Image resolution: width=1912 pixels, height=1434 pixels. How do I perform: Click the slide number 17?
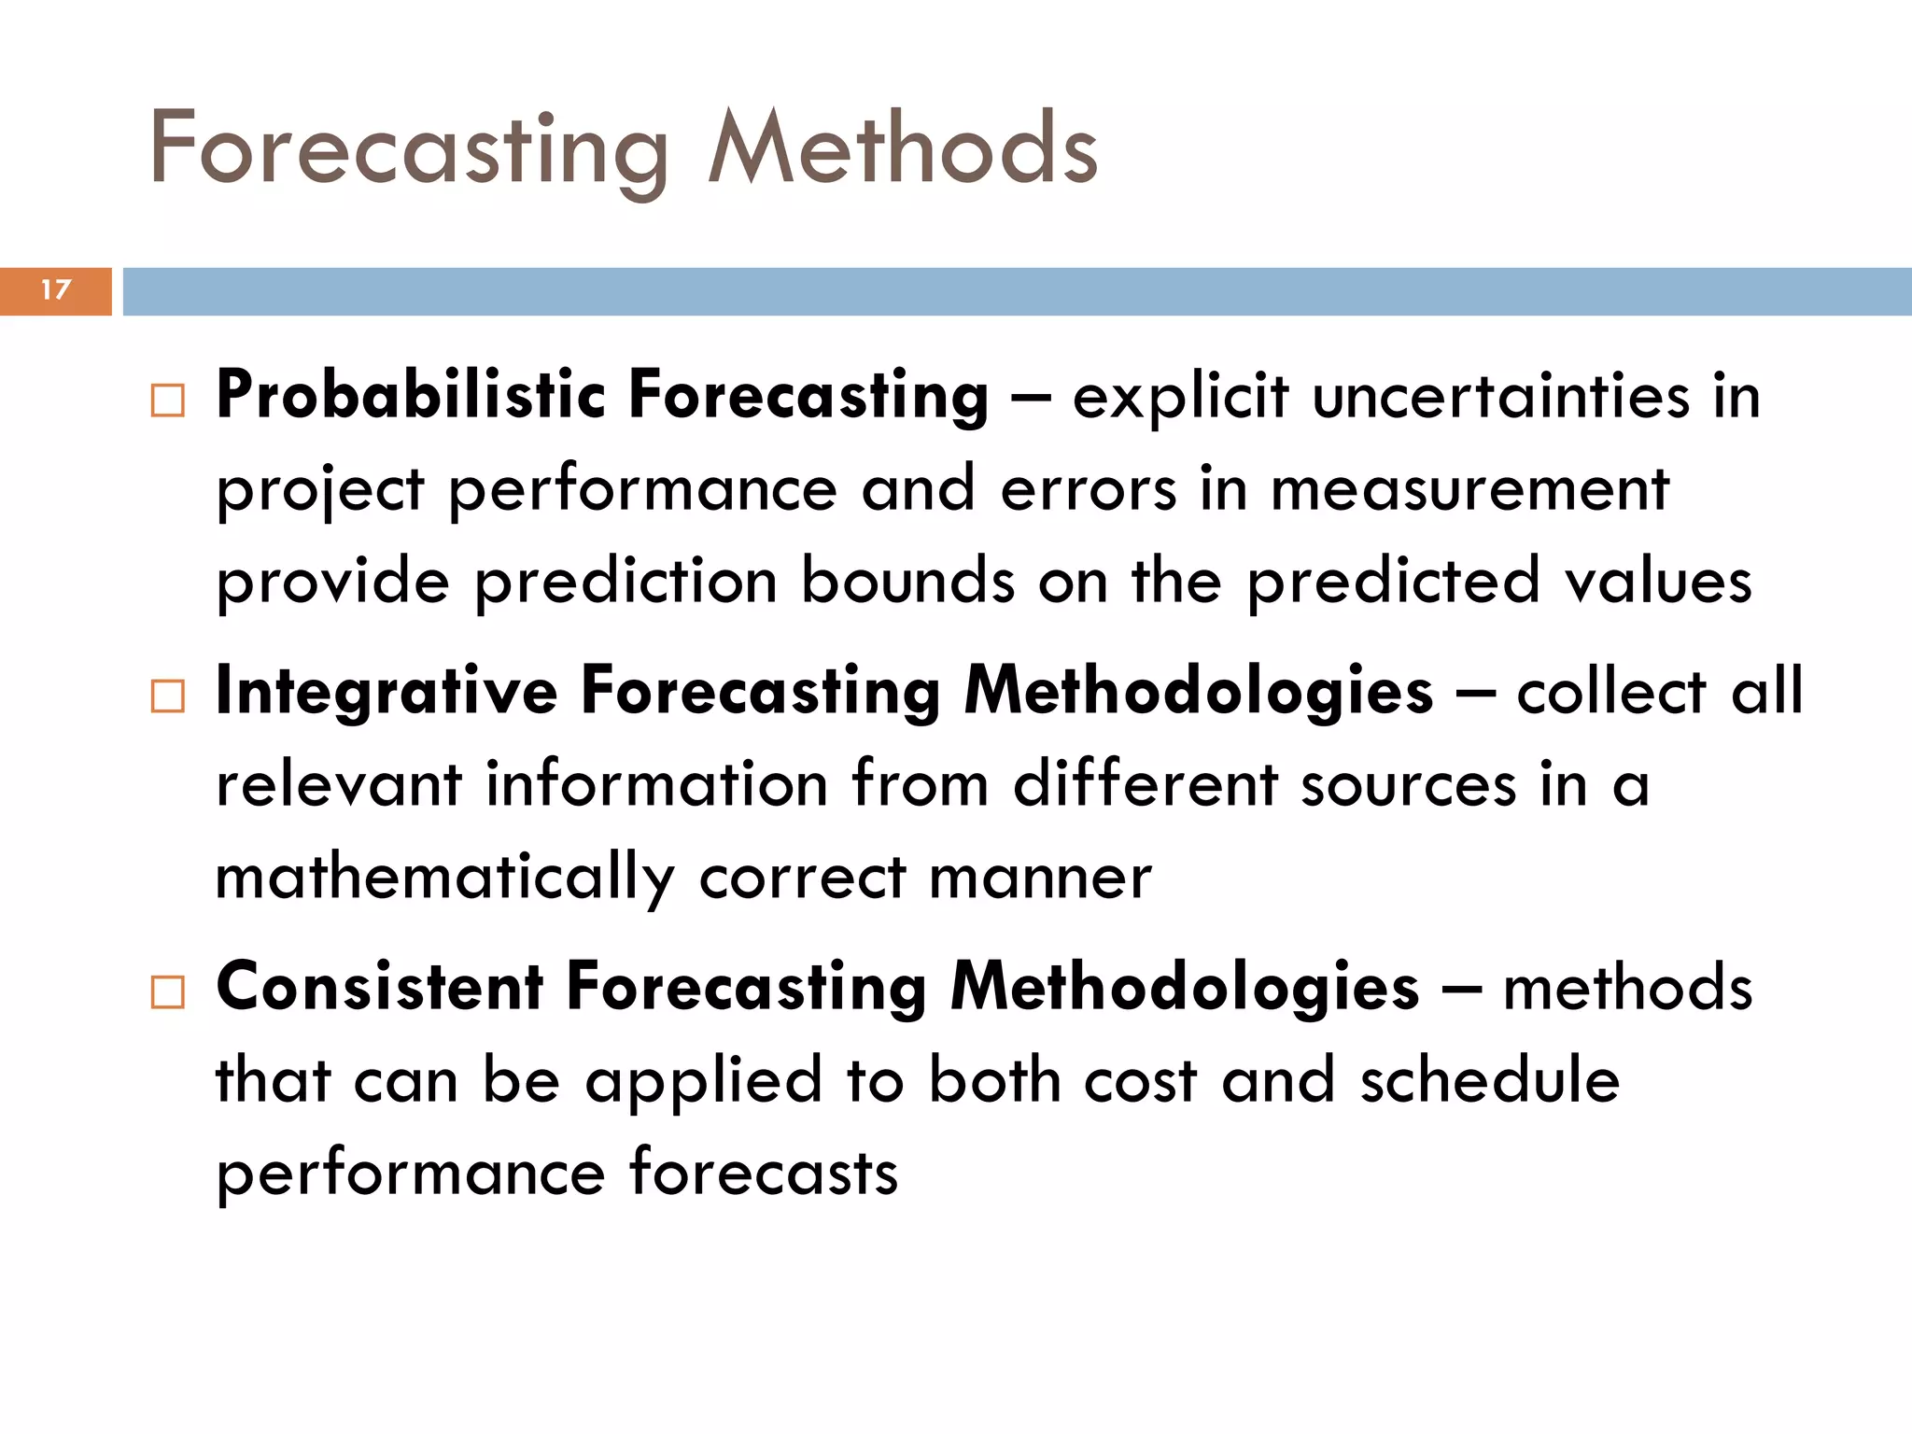[x=56, y=290]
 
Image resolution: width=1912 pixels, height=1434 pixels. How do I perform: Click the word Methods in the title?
[x=903, y=149]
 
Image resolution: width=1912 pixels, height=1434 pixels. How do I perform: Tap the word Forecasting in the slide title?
[x=409, y=149]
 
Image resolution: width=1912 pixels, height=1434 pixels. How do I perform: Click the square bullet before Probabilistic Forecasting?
[x=168, y=401]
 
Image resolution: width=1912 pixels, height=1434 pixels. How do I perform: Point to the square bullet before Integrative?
[x=168, y=696]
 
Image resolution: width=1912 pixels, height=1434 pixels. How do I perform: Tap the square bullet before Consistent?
[x=168, y=991]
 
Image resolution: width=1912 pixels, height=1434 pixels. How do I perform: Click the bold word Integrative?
[x=387, y=693]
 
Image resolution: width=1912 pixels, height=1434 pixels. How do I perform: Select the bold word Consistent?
[x=380, y=988]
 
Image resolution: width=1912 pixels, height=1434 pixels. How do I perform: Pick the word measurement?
[x=1469, y=489]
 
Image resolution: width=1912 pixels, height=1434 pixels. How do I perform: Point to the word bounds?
[x=907, y=581]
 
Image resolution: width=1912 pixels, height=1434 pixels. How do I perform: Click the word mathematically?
[x=444, y=879]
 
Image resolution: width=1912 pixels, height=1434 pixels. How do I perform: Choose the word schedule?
[x=1489, y=1081]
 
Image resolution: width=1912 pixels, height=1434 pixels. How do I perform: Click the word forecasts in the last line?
[x=763, y=1174]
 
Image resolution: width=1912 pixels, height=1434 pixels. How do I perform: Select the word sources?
[x=1409, y=785]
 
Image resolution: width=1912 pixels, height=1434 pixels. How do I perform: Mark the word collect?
[x=1612, y=693]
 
